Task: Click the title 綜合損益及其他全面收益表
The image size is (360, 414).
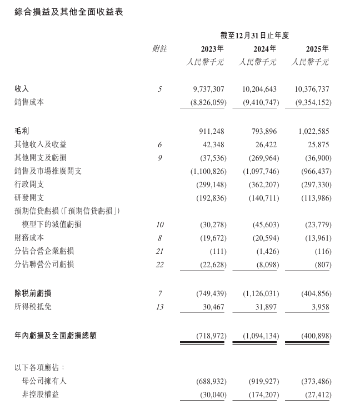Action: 69,12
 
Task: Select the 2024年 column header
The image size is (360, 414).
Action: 264,49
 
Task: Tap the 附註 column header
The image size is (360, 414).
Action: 159,49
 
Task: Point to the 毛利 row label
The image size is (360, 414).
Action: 22,131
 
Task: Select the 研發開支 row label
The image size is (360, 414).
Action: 29,198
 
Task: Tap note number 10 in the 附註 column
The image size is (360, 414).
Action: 159,225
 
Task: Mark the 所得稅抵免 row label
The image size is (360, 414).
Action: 33,306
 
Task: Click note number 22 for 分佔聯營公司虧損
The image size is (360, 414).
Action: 159,265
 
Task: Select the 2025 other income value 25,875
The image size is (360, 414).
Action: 317,144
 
